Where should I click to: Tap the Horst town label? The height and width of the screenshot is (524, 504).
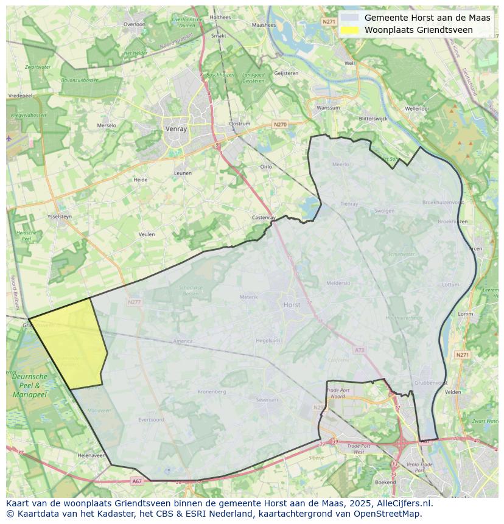(x=292, y=305)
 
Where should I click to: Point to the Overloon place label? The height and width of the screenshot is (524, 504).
(x=135, y=24)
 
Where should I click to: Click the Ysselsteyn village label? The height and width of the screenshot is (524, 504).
(x=60, y=216)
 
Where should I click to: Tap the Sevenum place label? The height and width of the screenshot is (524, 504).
(x=267, y=399)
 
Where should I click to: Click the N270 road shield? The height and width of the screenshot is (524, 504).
(x=280, y=125)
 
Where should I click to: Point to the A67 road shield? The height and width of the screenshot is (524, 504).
(x=137, y=481)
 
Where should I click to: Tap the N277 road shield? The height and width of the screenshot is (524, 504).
(x=135, y=302)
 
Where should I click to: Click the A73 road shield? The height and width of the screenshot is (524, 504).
(x=359, y=350)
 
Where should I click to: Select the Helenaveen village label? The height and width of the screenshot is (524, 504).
(x=92, y=455)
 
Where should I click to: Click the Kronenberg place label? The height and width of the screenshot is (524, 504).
(x=212, y=391)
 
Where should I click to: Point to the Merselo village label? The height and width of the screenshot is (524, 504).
(x=107, y=126)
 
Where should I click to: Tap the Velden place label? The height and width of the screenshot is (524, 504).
(x=453, y=392)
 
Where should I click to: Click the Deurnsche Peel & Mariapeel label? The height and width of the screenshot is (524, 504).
(x=29, y=386)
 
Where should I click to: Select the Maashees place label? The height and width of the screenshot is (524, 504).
(x=264, y=25)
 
